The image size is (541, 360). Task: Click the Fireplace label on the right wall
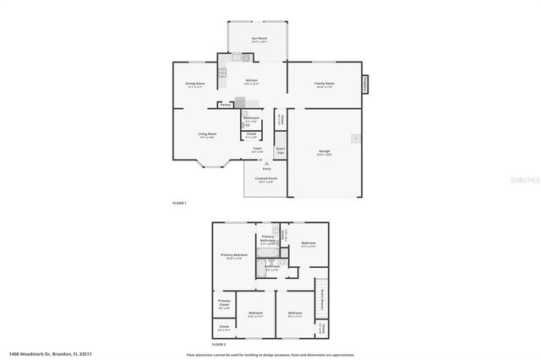pyautogui.click(x=365, y=84)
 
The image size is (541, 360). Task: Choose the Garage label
pyautogui.click(x=325, y=152)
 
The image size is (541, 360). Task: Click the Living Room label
pyautogui.click(x=196, y=135)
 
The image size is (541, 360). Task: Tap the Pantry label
pyautogui.click(x=226, y=105)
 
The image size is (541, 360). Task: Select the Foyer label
pyautogui.click(x=258, y=150)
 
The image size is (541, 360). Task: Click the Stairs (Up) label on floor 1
pyautogui.click(x=281, y=150)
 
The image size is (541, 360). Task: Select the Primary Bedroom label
pyautogui.click(x=233, y=257)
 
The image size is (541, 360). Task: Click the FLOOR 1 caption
pyautogui.click(x=179, y=204)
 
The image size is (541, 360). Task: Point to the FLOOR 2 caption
pyautogui.click(x=218, y=345)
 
